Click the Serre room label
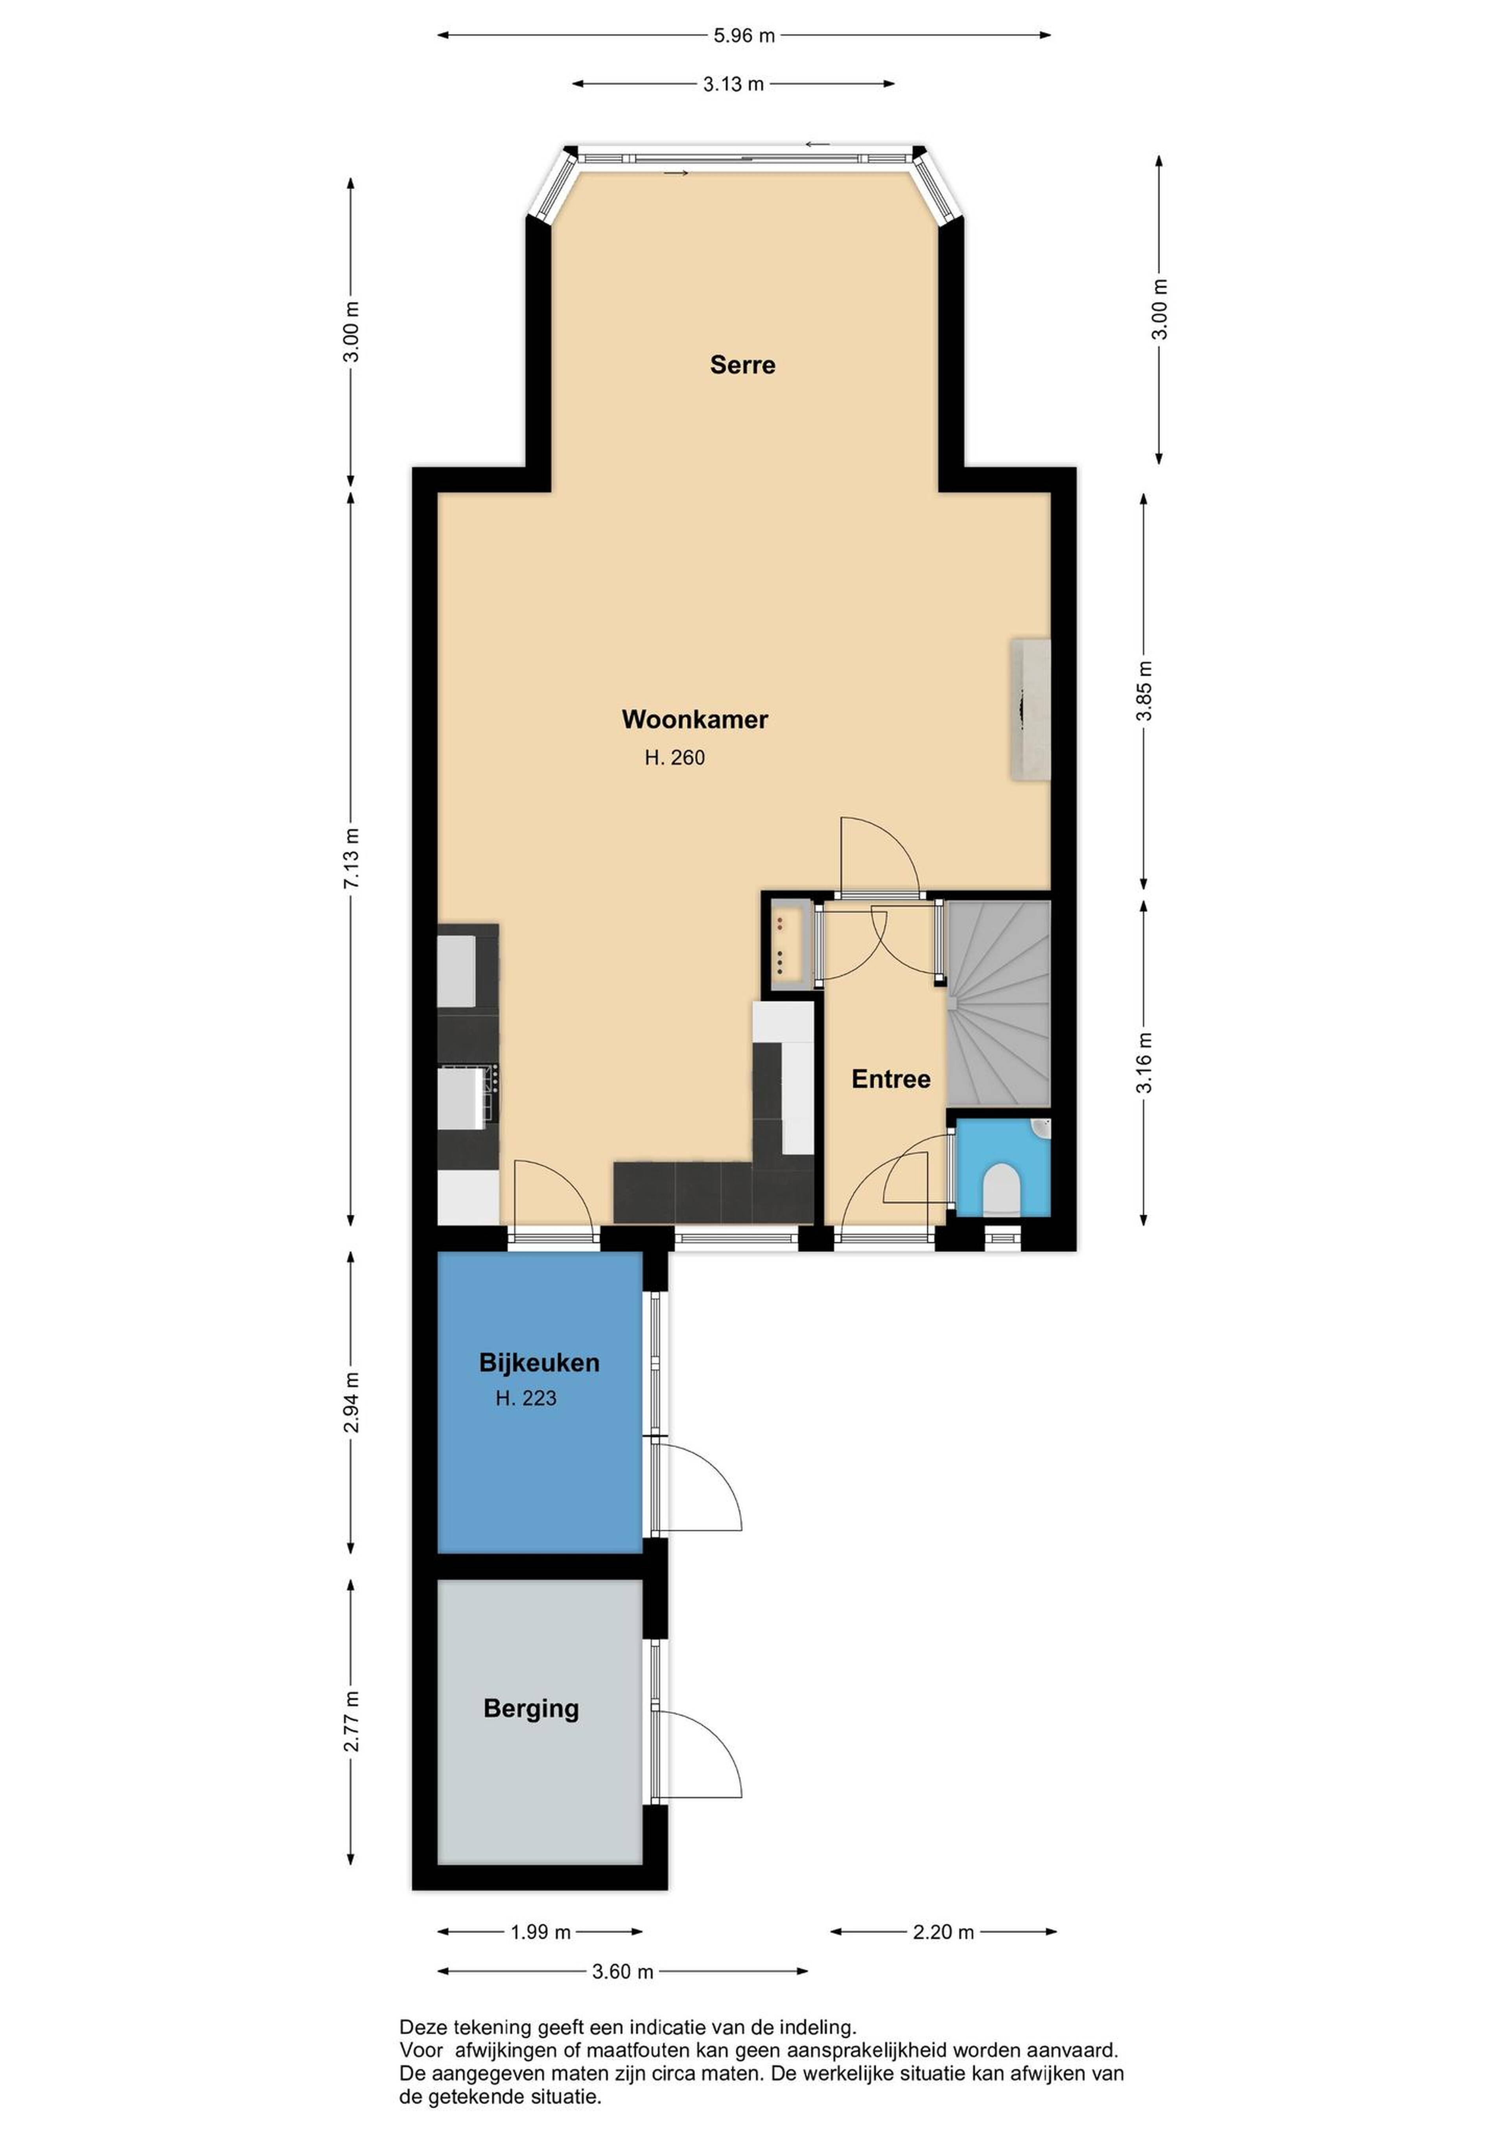742,365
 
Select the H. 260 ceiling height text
674,758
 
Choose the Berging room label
531,1709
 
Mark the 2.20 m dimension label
943,1932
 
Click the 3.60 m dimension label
622,1971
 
